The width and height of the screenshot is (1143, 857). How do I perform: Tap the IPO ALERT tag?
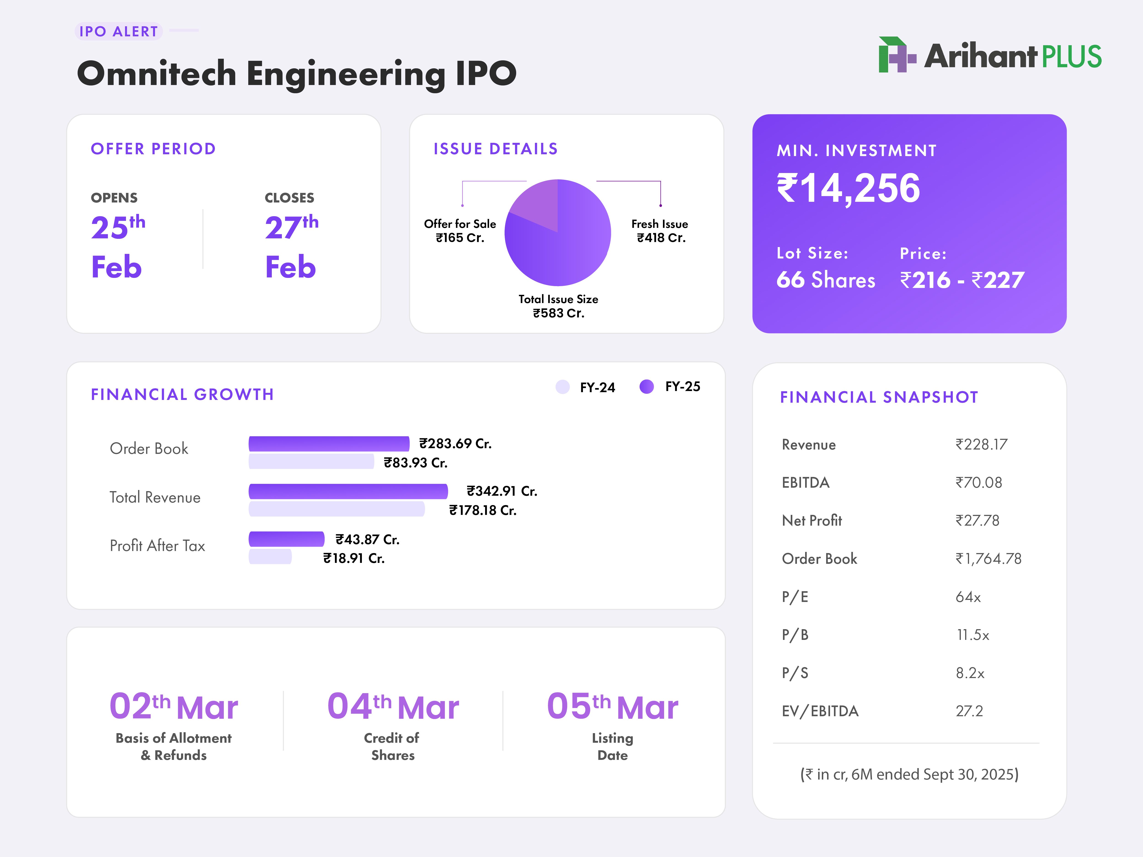coord(118,32)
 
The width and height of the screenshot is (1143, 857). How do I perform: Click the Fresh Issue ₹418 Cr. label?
coord(660,231)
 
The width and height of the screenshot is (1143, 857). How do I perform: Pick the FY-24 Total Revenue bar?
coord(336,509)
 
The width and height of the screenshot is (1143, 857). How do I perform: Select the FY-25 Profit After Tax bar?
coord(286,539)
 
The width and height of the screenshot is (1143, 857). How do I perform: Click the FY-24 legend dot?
coord(562,387)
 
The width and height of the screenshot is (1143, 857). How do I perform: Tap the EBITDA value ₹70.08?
coord(978,482)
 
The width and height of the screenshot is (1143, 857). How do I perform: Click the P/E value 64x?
coord(968,597)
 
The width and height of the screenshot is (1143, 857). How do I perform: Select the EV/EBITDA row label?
coord(820,711)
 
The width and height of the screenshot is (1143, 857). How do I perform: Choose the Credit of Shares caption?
coord(392,746)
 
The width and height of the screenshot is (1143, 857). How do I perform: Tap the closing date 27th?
coord(291,227)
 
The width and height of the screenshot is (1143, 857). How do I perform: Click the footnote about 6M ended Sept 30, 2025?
coord(909,774)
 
